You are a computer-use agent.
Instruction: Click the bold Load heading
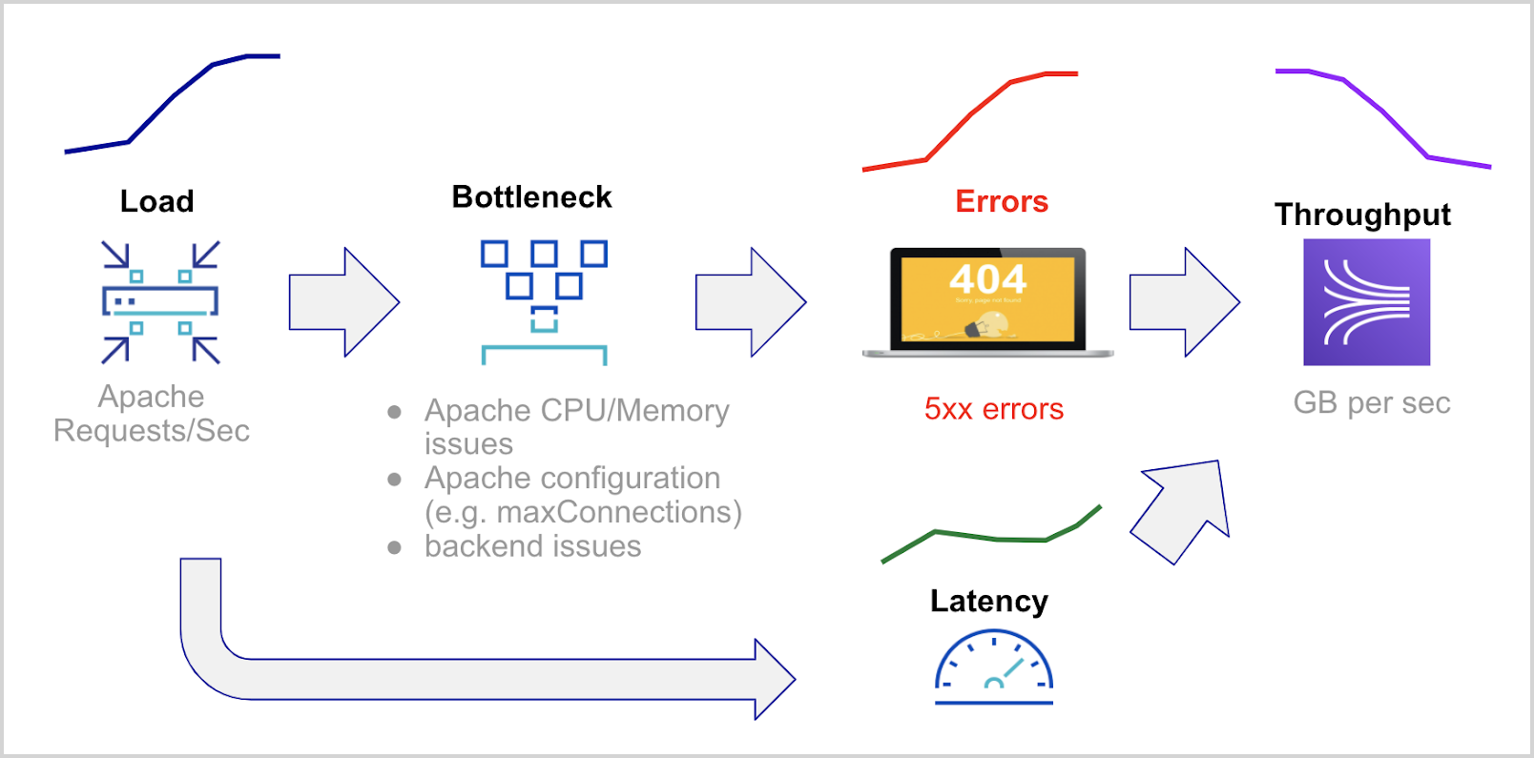156,201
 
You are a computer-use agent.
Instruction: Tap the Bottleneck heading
531,196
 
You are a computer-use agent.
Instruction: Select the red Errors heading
1001,201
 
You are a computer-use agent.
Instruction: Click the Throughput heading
1362,215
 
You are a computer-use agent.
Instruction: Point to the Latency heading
988,601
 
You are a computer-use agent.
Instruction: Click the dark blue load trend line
172,98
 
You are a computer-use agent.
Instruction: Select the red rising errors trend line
969,116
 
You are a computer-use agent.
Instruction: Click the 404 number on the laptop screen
987,279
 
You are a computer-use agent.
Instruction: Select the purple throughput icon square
1366,302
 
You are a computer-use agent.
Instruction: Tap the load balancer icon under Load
160,302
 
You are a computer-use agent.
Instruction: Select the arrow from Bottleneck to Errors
750,302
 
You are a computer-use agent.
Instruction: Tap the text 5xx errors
993,409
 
